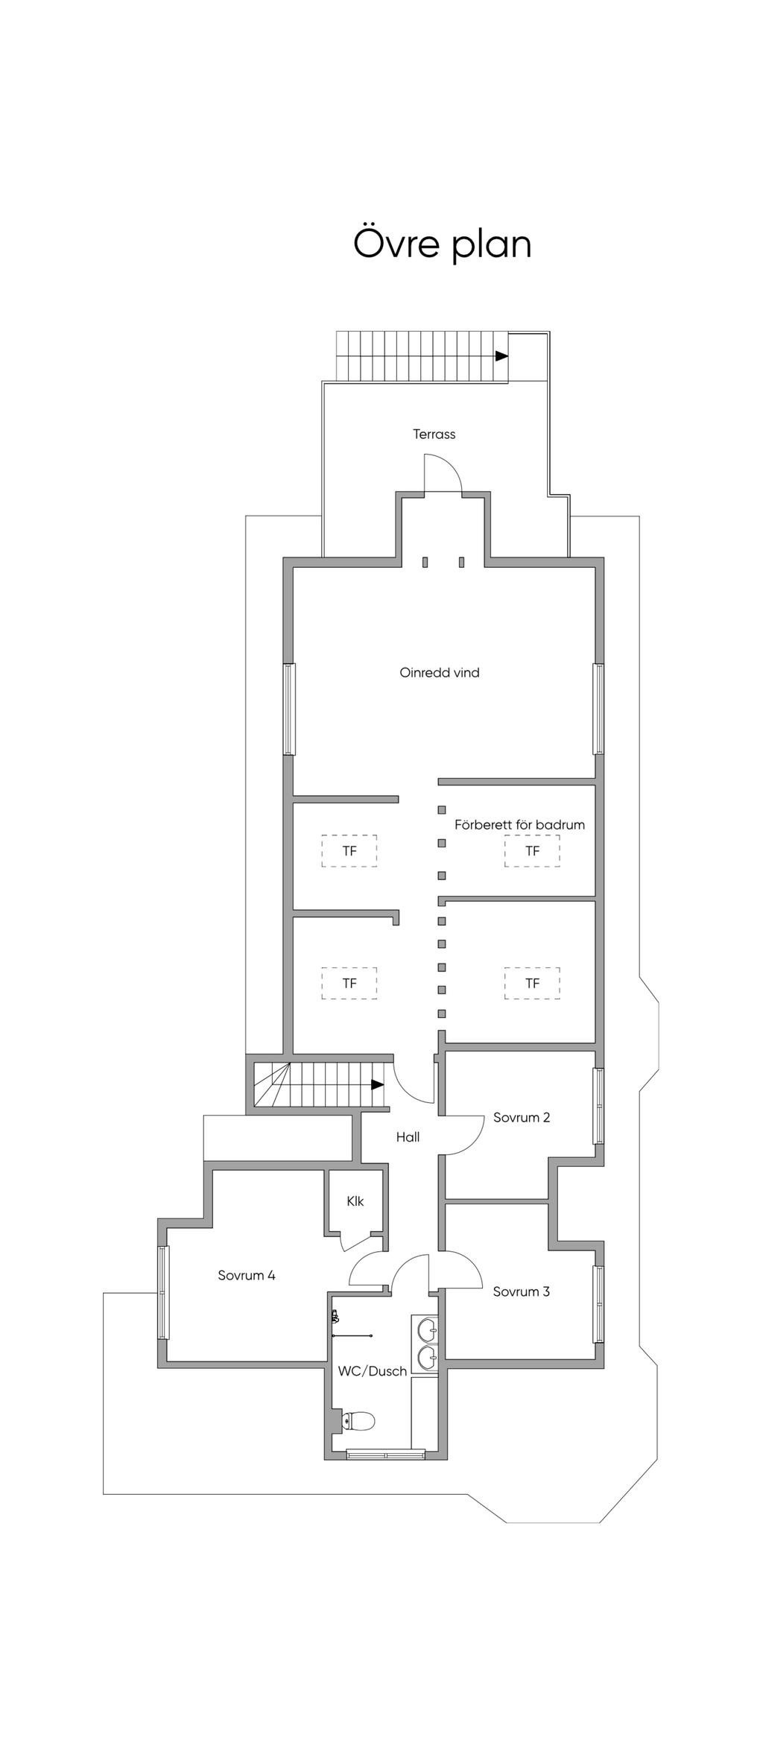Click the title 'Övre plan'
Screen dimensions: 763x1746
442,244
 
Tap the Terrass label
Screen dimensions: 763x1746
434,434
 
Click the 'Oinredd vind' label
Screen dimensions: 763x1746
440,672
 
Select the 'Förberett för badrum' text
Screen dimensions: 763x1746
519,825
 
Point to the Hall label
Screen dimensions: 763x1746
408,1136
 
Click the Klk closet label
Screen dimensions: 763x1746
355,1201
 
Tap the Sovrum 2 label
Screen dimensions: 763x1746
522,1117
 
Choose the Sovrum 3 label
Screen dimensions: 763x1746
522,1291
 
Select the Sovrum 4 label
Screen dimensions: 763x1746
247,1275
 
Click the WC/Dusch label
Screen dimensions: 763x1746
373,1370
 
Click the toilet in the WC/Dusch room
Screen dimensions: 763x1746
358,1420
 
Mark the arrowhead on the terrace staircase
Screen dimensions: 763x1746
502,356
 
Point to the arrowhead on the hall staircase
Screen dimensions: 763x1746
378,1084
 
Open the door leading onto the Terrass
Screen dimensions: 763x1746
443,474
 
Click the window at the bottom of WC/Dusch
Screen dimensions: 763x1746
385,1453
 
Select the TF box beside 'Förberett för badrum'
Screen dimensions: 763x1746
532,851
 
